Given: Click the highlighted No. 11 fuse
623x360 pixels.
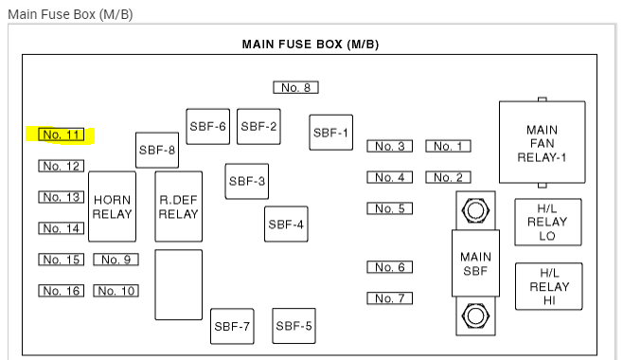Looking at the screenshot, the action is coord(62,135).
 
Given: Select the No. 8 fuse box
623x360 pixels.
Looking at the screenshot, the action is coord(295,87).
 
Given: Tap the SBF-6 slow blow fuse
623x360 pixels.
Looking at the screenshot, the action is coord(207,126).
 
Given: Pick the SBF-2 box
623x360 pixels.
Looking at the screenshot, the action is coord(258,126).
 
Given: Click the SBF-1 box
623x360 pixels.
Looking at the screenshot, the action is coord(331,133).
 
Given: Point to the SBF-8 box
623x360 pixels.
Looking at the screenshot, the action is coord(157,150).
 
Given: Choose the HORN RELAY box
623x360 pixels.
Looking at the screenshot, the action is coord(112,207).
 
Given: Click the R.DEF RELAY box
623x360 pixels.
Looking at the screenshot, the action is coord(178,207).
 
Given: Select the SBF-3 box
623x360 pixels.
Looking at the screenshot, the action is coord(247,181).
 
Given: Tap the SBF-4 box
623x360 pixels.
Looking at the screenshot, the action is coord(286,225).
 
